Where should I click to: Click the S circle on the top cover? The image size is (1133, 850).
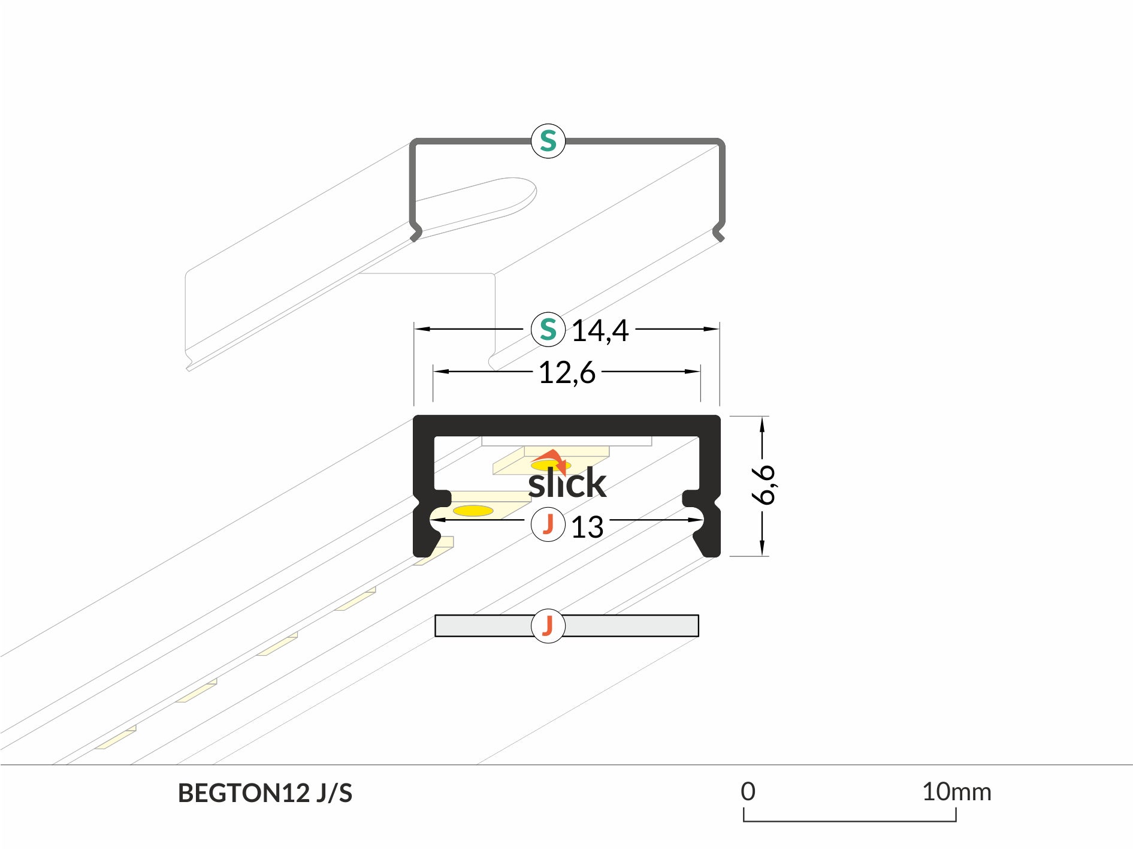[x=548, y=141]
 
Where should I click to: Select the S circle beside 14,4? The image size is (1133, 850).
[x=548, y=329]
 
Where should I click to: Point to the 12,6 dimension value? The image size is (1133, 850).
[x=567, y=373]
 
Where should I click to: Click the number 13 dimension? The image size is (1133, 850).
[x=587, y=528]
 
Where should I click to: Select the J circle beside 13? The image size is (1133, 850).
[x=548, y=524]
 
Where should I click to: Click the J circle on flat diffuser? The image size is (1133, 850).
[x=548, y=626]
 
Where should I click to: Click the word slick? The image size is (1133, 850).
[x=567, y=483]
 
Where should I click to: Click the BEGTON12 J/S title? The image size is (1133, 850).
[x=265, y=793]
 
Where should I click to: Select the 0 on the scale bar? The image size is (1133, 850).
[x=748, y=791]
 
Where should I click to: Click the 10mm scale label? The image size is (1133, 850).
[x=956, y=792]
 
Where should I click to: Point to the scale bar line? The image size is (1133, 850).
[x=850, y=820]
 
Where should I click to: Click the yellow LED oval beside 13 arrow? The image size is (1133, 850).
[x=473, y=511]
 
